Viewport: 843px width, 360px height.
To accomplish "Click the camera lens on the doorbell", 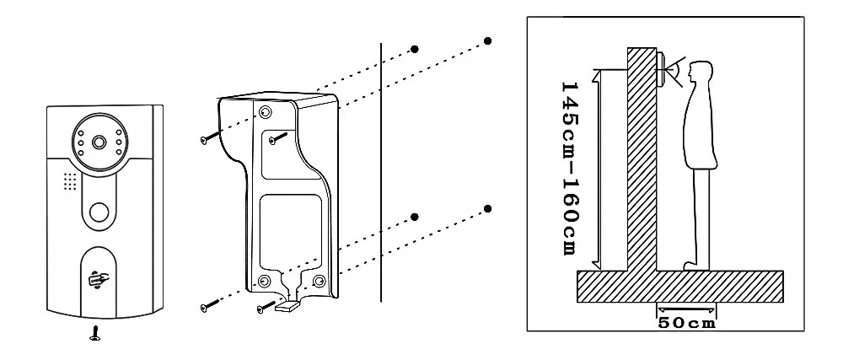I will tap(99, 142).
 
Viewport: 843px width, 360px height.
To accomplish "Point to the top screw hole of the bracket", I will tap(266, 113).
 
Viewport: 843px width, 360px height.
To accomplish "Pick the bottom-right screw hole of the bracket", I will tap(319, 281).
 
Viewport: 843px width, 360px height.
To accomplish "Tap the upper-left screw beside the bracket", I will tap(206, 139).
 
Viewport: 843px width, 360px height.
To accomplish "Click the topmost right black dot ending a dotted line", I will tap(488, 40).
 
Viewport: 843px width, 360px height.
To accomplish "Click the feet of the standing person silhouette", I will tap(693, 265).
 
